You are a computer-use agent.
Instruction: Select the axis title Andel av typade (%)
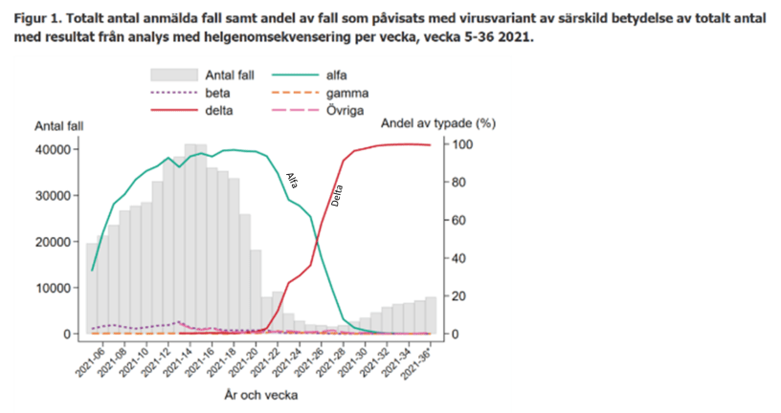[x=439, y=123]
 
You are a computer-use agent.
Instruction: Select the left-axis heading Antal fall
[x=58, y=126]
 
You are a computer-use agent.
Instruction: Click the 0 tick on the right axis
[x=457, y=334]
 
